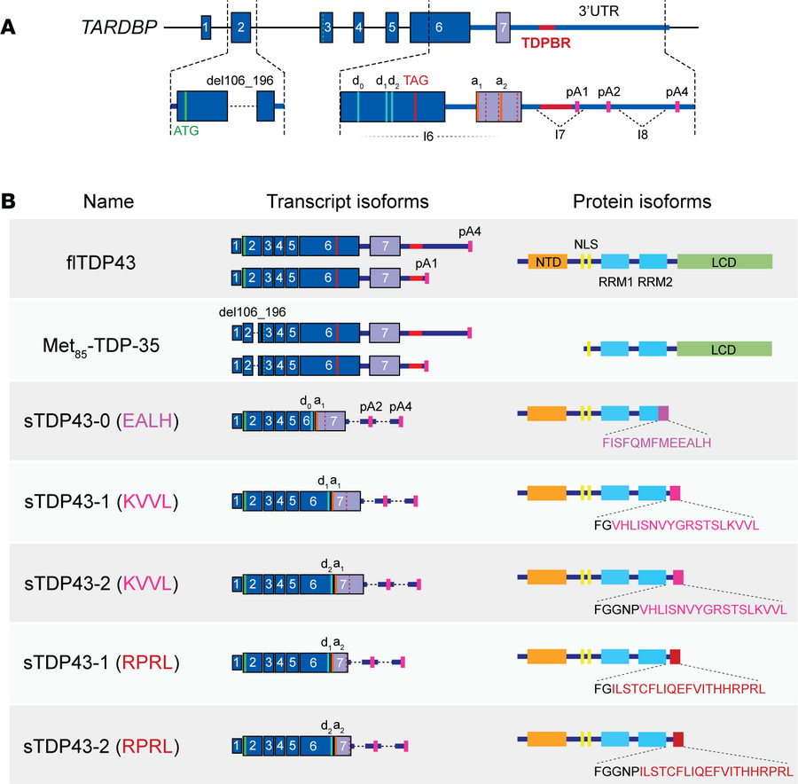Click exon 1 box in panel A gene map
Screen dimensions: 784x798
[x=206, y=27]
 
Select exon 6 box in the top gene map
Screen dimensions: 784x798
[x=433, y=27]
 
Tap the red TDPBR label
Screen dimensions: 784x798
[x=547, y=42]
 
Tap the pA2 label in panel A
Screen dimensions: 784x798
[x=608, y=91]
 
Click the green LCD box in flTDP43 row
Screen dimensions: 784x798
[x=724, y=262]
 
